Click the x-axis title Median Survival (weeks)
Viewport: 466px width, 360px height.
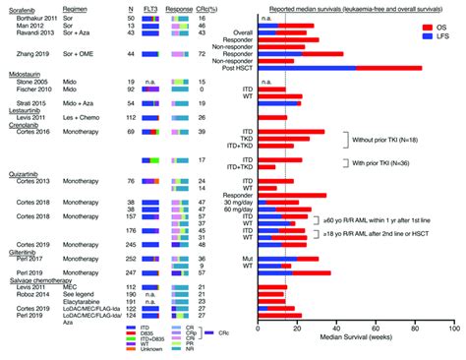click(357, 350)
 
